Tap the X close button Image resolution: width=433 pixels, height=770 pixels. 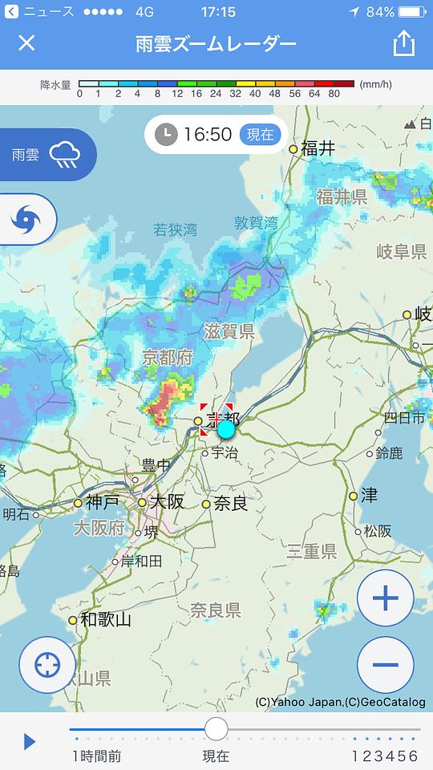26,43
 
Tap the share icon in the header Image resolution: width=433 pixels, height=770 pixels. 403,43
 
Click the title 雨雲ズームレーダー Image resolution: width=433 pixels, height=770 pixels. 216,43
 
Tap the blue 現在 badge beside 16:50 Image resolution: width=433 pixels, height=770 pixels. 260,135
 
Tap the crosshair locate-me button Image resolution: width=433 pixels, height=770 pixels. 47,664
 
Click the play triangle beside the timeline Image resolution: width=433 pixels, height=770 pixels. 30,741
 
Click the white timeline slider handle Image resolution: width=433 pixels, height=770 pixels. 216,729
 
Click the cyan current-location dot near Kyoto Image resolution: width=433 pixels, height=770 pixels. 226,428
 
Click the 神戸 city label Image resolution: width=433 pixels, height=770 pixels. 103,502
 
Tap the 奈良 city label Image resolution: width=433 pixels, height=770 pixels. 230,504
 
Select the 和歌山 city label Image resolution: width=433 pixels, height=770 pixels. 105,619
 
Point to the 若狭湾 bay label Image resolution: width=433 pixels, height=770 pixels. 175,230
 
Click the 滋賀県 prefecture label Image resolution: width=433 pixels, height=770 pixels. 229,331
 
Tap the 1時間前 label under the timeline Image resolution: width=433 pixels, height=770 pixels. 96,756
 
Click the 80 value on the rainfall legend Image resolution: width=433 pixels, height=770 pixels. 334,94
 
